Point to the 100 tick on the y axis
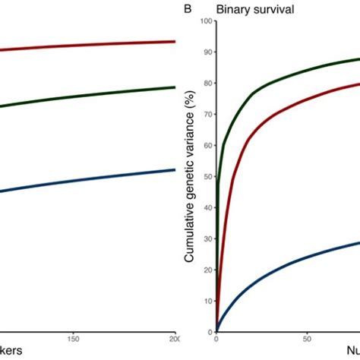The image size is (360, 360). pyautogui.click(x=204, y=21)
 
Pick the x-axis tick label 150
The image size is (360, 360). pyautogui.click(x=74, y=339)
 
